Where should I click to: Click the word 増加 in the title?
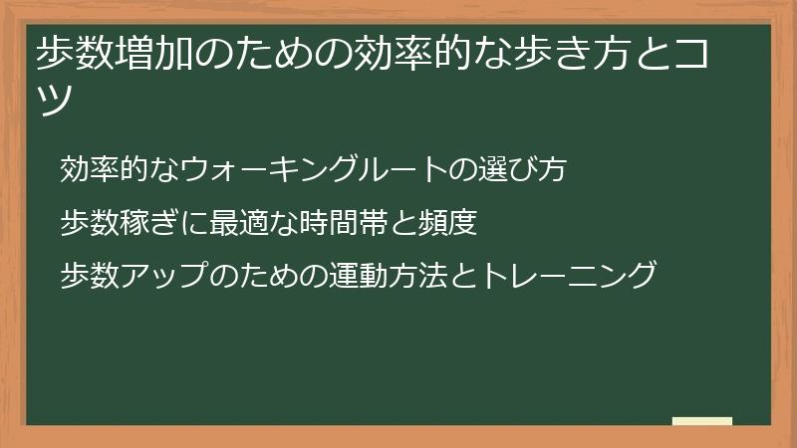(154, 53)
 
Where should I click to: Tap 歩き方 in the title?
(572, 53)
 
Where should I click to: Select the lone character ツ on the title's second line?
(55, 98)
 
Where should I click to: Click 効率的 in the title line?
(412, 53)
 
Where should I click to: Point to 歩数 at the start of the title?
(76, 53)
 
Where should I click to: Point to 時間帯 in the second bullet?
(343, 222)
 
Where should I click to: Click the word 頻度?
(447, 222)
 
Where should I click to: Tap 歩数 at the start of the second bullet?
(90, 222)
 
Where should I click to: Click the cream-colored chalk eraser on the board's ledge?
(702, 421)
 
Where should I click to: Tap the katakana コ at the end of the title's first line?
(690, 53)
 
